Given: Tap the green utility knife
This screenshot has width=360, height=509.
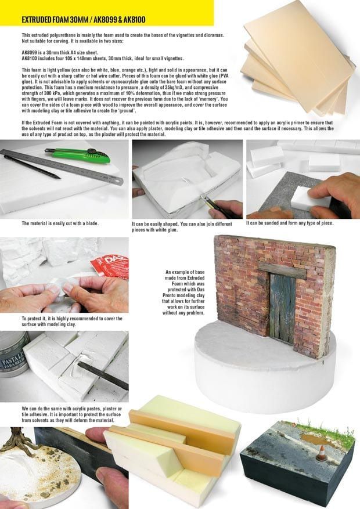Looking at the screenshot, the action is (x=78, y=155).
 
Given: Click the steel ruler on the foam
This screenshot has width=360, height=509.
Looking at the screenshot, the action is (x=62, y=167).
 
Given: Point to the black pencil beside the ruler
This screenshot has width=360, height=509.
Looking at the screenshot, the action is (x=32, y=167).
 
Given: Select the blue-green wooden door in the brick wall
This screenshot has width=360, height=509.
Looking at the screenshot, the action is (x=282, y=309).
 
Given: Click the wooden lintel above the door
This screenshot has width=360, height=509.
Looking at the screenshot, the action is (x=282, y=270).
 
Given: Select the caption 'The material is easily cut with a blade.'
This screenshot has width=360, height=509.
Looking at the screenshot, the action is (x=60, y=223).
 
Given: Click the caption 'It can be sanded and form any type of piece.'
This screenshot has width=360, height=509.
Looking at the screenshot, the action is (x=290, y=223).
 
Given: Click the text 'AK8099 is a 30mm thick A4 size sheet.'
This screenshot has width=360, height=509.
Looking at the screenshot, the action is (x=60, y=53).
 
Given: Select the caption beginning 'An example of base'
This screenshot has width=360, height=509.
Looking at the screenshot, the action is (x=183, y=293).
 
